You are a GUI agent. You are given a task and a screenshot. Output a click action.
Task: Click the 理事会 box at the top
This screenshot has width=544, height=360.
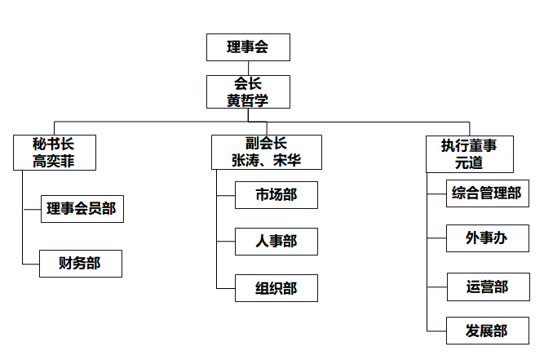pos(248,47)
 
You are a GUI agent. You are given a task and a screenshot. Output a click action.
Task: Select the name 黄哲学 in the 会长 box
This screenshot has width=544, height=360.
pos(247,100)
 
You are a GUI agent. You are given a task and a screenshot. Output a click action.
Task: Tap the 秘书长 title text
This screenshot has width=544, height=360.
pos(54,144)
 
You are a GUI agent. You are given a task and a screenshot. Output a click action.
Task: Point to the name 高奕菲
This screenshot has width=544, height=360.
pos(54,161)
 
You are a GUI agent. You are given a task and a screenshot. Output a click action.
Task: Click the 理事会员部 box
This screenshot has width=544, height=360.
pos(82,209)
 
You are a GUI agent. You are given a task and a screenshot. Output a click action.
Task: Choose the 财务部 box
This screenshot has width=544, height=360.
pos(81,264)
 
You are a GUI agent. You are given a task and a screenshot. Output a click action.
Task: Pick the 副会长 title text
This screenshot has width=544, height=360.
pos(266,143)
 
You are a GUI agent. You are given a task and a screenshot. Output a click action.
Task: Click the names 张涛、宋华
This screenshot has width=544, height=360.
pos(266,160)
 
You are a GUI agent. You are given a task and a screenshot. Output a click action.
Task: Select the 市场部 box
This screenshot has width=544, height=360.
pos(276,195)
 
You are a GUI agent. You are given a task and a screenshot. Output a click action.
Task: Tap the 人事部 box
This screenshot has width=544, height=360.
pos(276,242)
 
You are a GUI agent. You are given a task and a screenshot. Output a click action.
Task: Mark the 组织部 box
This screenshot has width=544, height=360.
pos(276,288)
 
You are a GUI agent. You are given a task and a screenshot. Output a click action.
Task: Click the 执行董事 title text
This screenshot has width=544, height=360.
pos(469,145)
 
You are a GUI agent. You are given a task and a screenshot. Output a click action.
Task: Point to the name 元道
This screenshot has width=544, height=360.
pos(469,162)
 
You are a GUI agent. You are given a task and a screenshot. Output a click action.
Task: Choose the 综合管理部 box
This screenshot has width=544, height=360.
pos(488,193)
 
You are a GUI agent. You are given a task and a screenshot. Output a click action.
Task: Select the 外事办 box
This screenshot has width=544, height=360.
pos(488,238)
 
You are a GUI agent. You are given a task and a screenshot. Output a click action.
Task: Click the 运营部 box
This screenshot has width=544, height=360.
pos(489,287)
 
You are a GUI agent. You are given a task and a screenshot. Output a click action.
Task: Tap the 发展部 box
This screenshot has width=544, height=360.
pos(488,331)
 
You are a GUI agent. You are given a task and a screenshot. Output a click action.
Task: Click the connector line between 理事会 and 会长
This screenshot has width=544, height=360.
pos(248,68)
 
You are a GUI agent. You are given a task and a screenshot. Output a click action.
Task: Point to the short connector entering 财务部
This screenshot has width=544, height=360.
pos(31,264)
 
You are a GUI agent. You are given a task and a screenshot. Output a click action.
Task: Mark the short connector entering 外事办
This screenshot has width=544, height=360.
pos(436,238)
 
